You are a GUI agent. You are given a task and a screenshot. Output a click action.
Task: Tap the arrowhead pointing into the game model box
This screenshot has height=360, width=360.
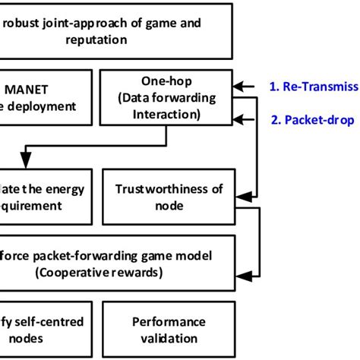tap(240, 272)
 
